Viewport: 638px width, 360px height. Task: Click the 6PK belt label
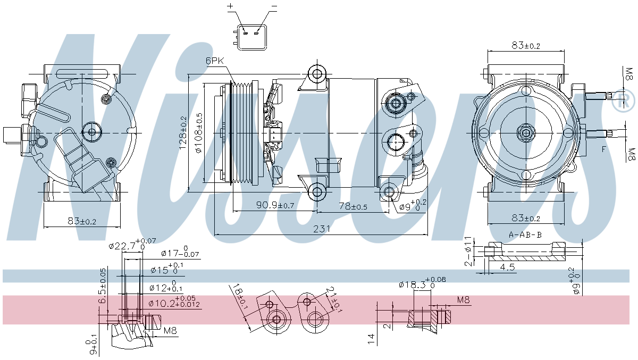215,61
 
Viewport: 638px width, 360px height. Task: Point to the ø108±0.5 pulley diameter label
199,132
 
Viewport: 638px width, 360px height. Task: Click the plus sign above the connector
231,6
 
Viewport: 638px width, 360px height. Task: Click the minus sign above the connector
274,6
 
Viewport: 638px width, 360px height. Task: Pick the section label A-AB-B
525,235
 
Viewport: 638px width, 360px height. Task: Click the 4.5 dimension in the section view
508,267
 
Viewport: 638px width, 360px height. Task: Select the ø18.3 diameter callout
415,284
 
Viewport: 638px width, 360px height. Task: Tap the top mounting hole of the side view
318,74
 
